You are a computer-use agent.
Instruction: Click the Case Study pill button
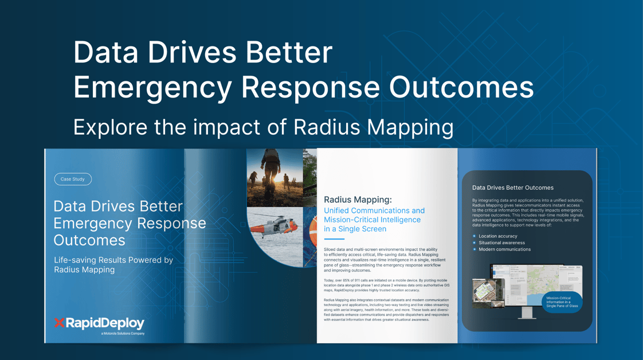pyautogui.click(x=73, y=179)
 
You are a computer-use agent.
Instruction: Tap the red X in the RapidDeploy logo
pyautogui.click(x=59, y=323)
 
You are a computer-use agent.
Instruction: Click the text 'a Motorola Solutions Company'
pyautogui.click(x=123, y=333)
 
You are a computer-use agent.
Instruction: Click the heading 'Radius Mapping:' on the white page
pyautogui.click(x=358, y=199)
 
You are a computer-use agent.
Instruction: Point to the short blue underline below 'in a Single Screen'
pyautogui.click(x=334, y=239)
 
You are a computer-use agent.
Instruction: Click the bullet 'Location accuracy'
pyautogui.click(x=497, y=236)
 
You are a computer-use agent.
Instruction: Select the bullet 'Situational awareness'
pyautogui.click(x=501, y=242)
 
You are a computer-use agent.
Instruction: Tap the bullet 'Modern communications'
pyautogui.click(x=504, y=249)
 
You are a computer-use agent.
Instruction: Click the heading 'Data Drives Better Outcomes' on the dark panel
pyautogui.click(x=512, y=187)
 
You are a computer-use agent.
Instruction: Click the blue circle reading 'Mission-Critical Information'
pyautogui.click(x=562, y=302)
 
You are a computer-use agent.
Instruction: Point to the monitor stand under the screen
pyautogui.click(x=527, y=313)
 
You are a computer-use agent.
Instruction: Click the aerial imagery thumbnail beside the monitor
pyautogui.click(x=488, y=292)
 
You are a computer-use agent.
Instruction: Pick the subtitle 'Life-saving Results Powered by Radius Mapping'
pyautogui.click(x=113, y=264)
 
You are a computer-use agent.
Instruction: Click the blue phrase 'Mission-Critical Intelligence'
pyautogui.click(x=372, y=220)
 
